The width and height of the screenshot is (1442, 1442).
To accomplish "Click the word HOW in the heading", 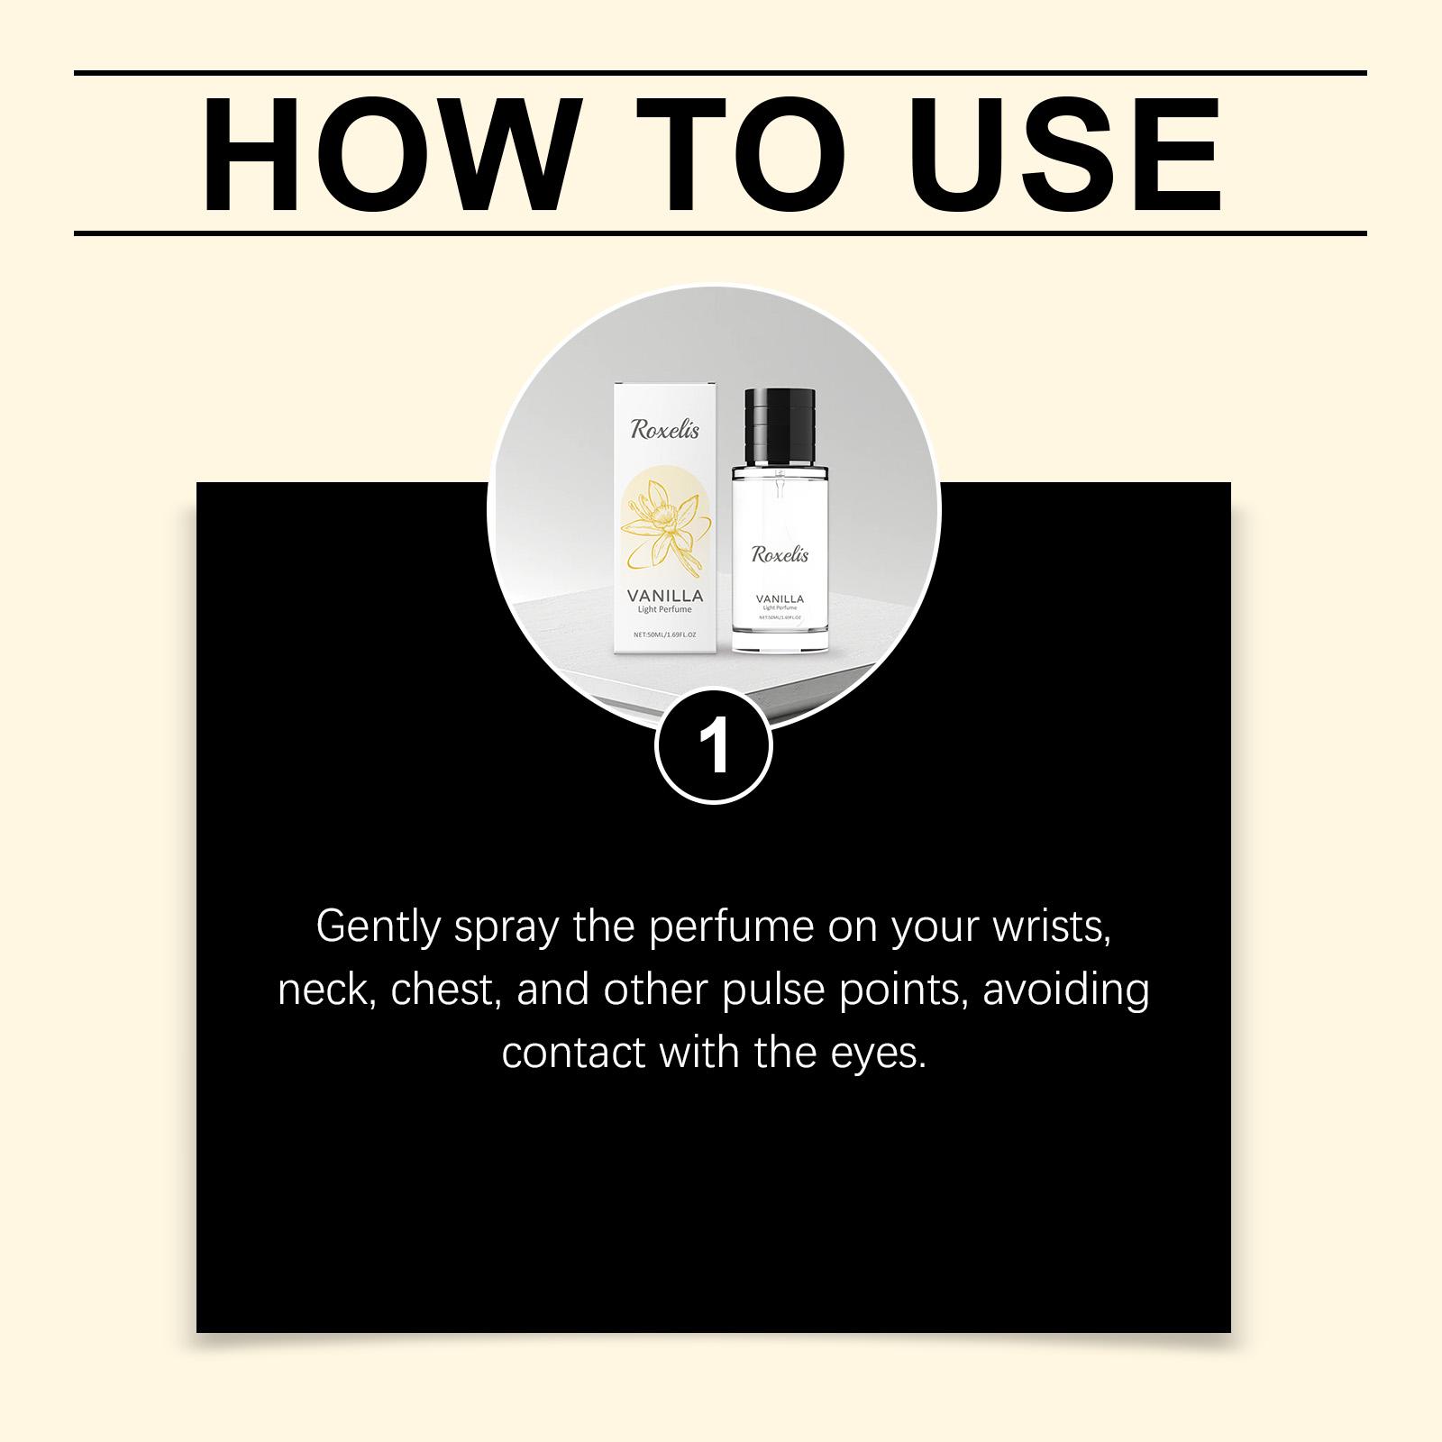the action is pyautogui.click(x=388, y=154).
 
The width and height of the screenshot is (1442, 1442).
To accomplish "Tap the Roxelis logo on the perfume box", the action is pyautogui.click(x=664, y=429).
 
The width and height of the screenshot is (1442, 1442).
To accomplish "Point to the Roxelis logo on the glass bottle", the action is pyautogui.click(x=780, y=554).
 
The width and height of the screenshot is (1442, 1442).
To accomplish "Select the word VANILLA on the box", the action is pyautogui.click(x=664, y=596).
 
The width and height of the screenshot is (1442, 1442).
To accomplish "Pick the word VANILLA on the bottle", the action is pyautogui.click(x=780, y=598).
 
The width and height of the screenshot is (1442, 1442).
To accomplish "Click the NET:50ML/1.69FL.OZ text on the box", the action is pyautogui.click(x=664, y=634).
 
